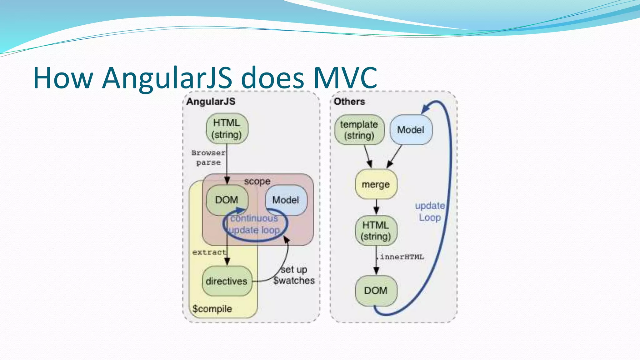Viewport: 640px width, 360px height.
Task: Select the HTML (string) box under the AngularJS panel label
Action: (227, 128)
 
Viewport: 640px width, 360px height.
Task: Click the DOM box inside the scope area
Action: (227, 200)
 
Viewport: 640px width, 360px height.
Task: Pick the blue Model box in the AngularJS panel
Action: (286, 200)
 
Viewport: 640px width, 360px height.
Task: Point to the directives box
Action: (227, 281)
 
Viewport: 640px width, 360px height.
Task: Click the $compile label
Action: (212, 309)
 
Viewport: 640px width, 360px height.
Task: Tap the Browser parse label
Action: (208, 157)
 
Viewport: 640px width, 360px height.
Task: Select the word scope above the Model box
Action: (257, 181)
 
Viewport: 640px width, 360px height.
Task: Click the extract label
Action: (209, 252)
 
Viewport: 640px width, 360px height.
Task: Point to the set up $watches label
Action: (294, 275)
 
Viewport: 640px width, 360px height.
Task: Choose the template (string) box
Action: (359, 130)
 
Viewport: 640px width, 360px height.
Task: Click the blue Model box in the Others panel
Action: (411, 130)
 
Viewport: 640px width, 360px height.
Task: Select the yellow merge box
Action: (376, 184)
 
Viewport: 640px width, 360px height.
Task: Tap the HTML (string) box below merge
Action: (376, 231)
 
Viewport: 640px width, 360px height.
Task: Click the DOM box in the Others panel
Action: (376, 291)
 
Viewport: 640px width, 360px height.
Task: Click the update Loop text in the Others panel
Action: (430, 212)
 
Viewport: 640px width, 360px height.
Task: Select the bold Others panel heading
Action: (349, 102)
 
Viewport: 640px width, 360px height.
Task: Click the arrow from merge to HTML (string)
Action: (376, 207)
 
